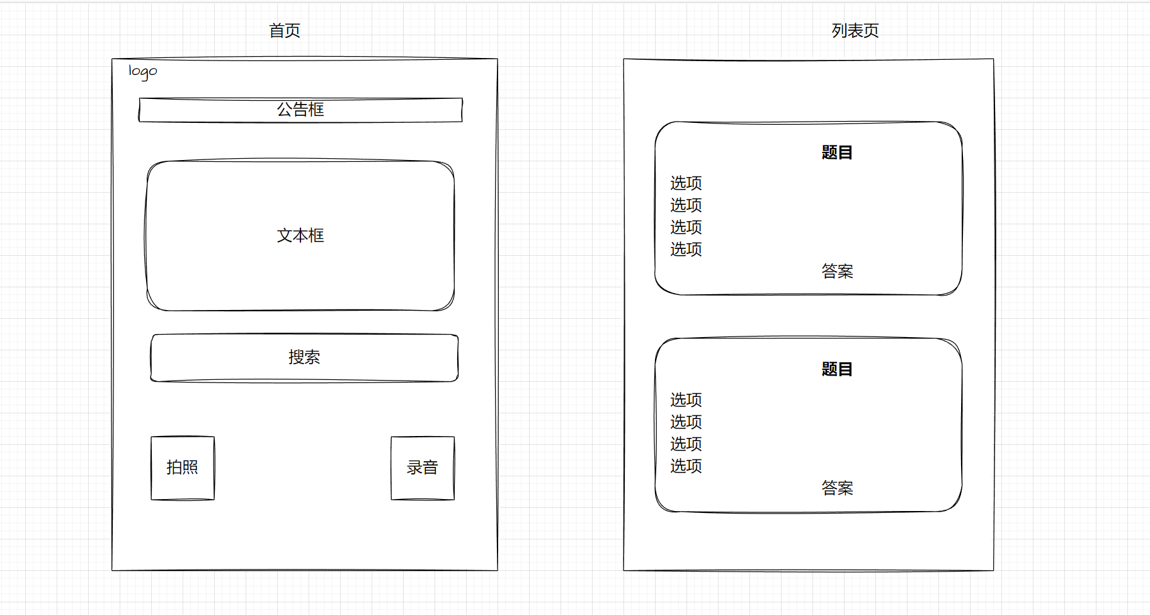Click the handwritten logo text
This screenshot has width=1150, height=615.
(143, 71)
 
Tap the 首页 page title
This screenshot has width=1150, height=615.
(285, 30)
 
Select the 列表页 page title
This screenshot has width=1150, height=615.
(855, 30)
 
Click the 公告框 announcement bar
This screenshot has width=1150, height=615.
(300, 110)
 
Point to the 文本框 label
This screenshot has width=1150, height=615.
(300, 235)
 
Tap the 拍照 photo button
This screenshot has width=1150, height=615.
(183, 468)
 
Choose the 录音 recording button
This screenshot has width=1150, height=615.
(423, 468)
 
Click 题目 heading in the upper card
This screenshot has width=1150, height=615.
(837, 152)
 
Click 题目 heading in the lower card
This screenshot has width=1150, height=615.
(837, 369)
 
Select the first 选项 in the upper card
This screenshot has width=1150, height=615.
(686, 183)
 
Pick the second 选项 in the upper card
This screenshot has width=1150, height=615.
(686, 205)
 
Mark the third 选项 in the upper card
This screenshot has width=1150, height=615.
(686, 227)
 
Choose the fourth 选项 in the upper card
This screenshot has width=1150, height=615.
(686, 250)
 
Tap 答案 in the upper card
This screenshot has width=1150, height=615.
(837, 272)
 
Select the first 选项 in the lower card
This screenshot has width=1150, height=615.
(686, 400)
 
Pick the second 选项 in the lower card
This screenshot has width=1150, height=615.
(686, 422)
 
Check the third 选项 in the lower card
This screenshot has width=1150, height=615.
(686, 444)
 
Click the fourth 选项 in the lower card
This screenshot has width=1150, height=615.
(686, 466)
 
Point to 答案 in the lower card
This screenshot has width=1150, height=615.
(837, 488)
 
